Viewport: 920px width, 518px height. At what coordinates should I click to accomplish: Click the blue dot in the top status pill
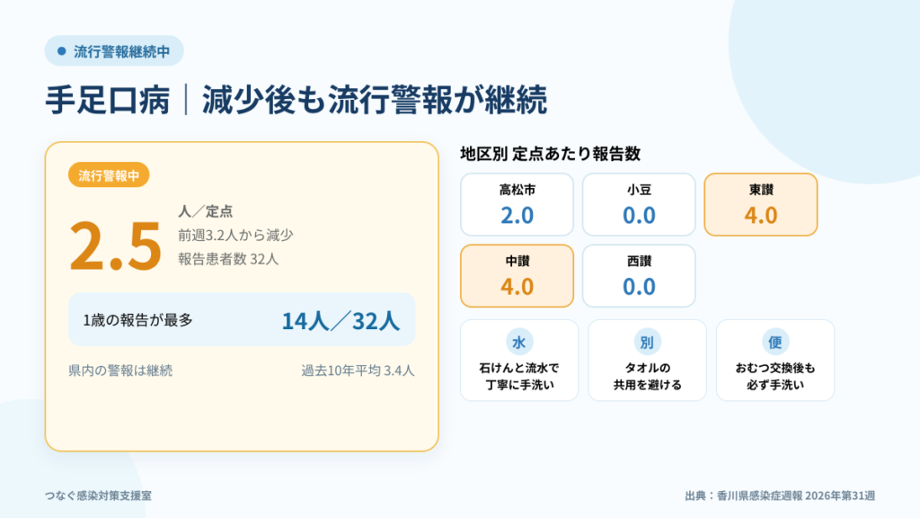pos(62,51)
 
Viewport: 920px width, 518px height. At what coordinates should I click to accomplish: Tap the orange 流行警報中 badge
pos(109,175)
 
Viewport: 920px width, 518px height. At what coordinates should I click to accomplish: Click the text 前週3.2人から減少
pos(235,235)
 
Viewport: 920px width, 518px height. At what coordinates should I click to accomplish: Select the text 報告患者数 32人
pos(228,259)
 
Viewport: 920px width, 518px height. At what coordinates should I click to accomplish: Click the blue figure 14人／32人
pos(341,321)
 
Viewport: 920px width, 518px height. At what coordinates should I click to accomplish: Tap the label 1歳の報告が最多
pos(137,320)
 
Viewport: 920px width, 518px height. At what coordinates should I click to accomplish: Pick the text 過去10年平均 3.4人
pos(358,371)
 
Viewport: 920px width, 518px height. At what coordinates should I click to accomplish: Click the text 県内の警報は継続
pos(120,371)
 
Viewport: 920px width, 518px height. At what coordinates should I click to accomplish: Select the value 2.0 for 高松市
pos(517,215)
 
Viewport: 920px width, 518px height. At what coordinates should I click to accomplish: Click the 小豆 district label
pos(639,190)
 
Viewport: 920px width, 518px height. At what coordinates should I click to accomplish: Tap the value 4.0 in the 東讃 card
pos(761,215)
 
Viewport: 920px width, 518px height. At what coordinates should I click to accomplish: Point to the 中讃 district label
pos(517,261)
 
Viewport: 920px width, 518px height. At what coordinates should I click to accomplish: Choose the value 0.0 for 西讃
pos(639,287)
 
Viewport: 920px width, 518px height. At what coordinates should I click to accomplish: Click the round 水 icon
pos(518,342)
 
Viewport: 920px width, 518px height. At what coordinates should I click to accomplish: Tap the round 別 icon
pos(647,342)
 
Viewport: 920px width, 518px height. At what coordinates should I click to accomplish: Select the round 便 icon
pos(775,342)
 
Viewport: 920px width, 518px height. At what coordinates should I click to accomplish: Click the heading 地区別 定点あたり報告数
pos(550,154)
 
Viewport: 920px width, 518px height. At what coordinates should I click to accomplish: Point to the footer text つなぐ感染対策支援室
pos(98,496)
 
